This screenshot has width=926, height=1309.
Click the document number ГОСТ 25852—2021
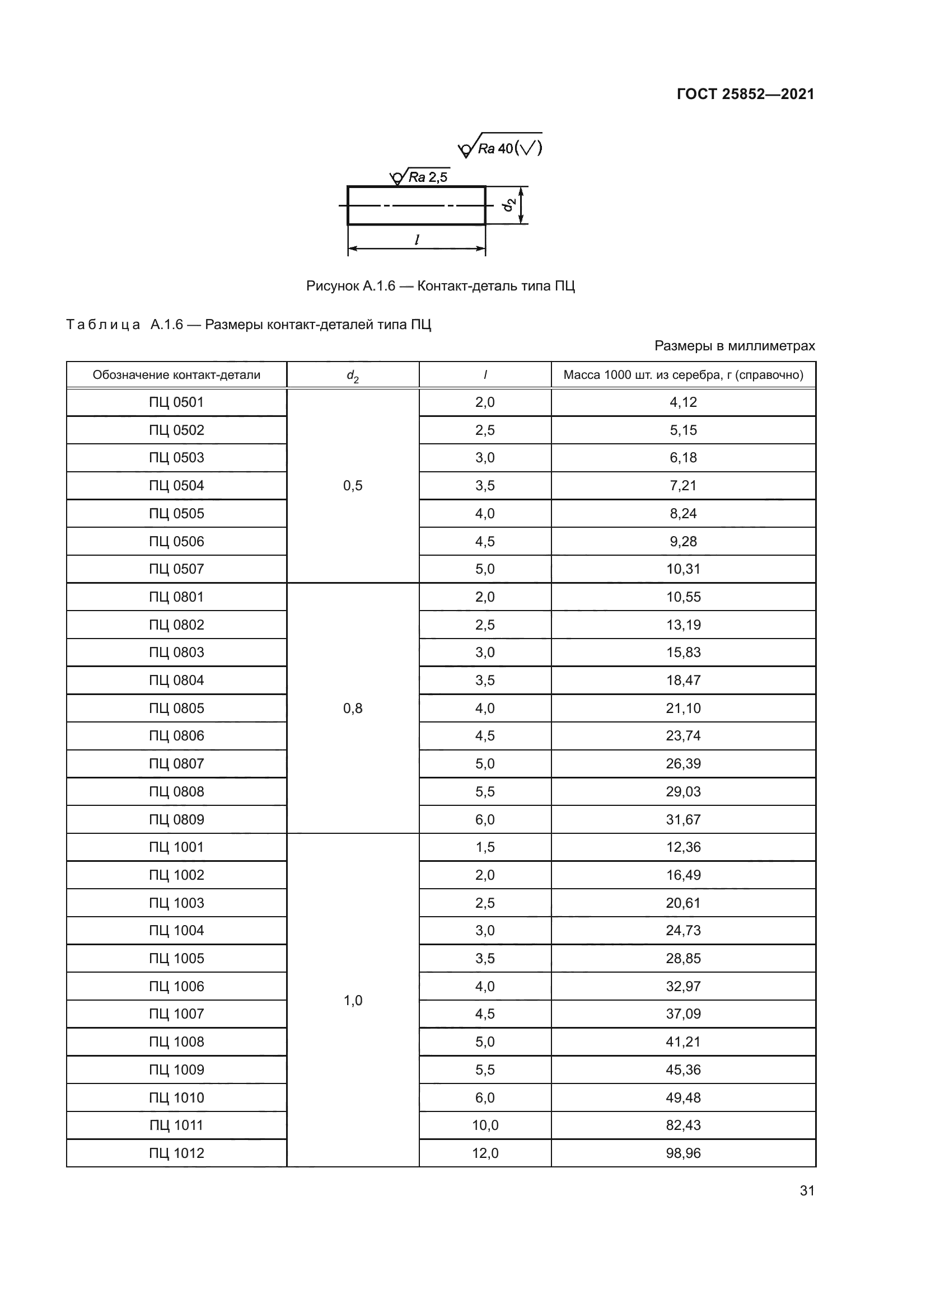click(745, 94)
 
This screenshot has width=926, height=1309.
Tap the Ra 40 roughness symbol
click(500, 148)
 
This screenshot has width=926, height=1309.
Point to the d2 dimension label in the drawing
click(509, 205)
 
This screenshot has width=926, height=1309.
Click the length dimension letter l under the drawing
click(417, 240)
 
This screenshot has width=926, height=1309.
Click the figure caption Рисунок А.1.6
click(440, 285)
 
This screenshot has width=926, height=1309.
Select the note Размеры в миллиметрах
click(735, 345)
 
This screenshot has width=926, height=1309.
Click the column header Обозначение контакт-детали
click(176, 374)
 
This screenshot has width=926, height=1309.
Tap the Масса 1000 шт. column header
click(683, 374)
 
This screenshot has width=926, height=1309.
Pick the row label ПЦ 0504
click(176, 485)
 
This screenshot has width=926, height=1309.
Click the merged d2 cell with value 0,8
click(352, 708)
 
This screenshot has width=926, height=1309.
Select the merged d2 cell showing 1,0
click(352, 1000)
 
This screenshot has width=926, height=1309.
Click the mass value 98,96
click(683, 1153)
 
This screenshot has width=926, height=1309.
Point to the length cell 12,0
click(485, 1153)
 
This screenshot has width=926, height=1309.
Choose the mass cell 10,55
click(683, 597)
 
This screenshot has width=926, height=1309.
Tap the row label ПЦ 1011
click(176, 1125)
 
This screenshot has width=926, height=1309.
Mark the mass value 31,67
click(683, 819)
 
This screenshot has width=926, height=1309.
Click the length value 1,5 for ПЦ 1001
click(485, 847)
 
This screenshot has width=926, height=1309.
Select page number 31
click(807, 1190)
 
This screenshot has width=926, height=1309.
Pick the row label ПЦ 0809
click(176, 819)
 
